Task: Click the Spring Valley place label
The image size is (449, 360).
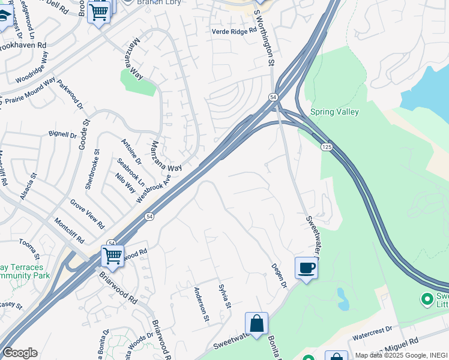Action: pos(334,112)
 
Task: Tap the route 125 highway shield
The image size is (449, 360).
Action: pos(327,146)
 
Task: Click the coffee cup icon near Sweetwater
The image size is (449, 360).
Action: pos(306,268)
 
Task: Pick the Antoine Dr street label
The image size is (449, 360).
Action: pos(131,151)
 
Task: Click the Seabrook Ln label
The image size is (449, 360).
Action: pos(131,172)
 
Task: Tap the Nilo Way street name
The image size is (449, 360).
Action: pos(126,182)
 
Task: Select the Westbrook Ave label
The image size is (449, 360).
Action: pos(154,187)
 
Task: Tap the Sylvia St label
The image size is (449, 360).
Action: pos(224,296)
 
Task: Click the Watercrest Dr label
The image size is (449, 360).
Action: pos(372,329)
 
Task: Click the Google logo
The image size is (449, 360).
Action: pos(20,353)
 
